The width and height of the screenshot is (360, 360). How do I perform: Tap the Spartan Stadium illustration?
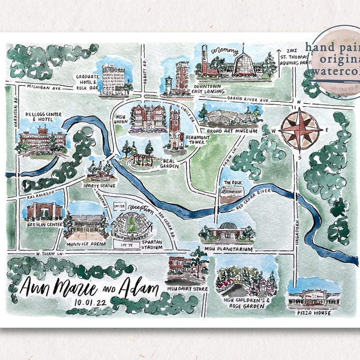(131, 225)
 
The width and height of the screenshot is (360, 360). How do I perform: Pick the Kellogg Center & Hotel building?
(41, 140)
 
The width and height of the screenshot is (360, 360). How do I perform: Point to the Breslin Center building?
(44, 211)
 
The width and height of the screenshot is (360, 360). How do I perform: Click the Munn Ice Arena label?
(86, 245)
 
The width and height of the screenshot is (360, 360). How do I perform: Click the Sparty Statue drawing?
(100, 170)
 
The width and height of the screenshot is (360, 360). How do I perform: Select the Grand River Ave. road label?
(247, 98)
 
